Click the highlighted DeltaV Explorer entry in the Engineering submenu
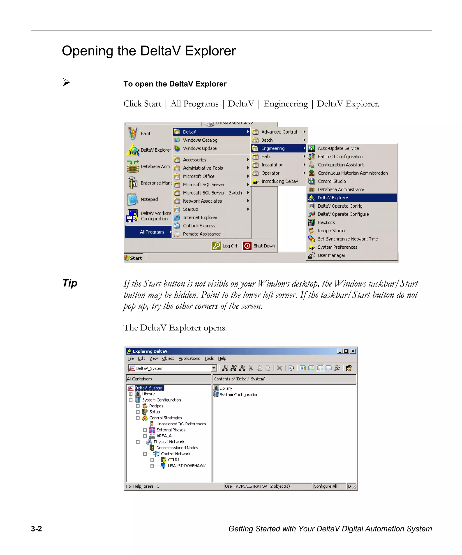coord(333,198)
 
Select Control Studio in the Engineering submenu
coord(331,181)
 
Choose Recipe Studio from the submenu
coord(331,231)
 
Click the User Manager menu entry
coord(331,255)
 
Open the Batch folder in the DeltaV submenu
coord(267,140)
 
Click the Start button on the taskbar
coord(134,258)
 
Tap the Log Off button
coord(225,246)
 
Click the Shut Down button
coord(259,246)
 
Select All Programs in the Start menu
coord(152,232)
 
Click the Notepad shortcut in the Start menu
coord(149,199)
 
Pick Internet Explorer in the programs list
coord(200,218)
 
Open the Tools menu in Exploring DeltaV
coord(209,358)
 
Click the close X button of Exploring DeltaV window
coord(353,351)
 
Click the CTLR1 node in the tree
coord(173,460)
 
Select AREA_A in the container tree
coord(164,436)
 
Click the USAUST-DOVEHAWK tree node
coord(186,466)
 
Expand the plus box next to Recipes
coord(138,406)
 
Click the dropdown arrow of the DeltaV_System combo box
coord(214,368)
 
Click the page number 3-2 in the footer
coord(36,529)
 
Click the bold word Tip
coord(70,283)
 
